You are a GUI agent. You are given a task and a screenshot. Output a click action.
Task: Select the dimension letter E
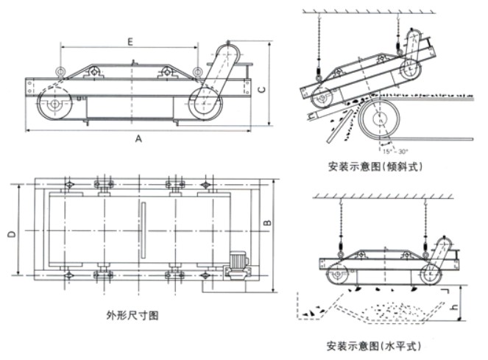pyautogui.click(x=130, y=42)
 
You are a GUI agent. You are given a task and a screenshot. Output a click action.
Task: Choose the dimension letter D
pyautogui.click(x=12, y=234)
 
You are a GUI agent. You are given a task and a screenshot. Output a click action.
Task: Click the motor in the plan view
pyautogui.click(x=238, y=265)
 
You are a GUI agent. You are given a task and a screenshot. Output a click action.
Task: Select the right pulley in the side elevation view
pyautogui.click(x=203, y=102)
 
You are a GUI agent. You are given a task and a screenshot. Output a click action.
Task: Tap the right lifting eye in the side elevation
pyautogui.click(x=197, y=71)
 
